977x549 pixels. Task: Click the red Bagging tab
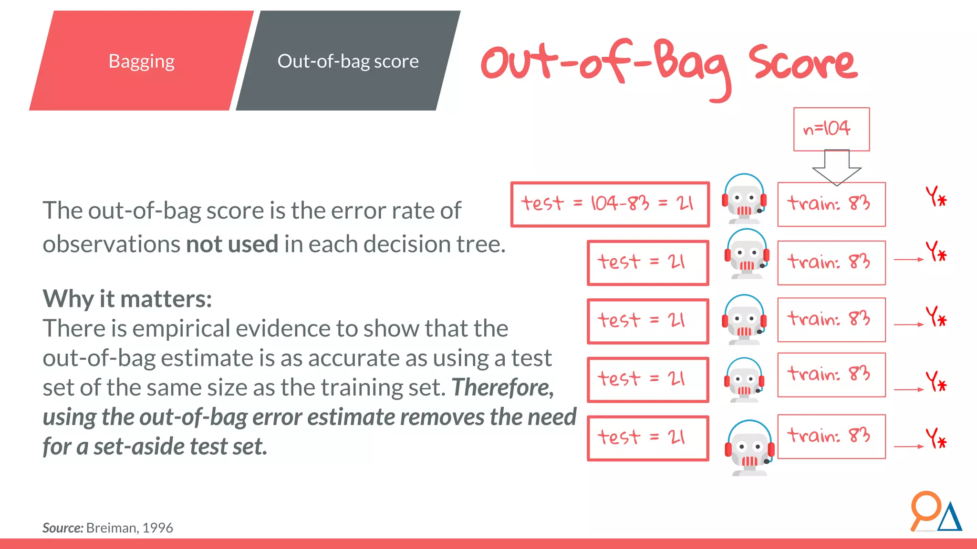141,61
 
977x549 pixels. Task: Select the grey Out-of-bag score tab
348,61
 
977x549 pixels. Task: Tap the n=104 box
831,129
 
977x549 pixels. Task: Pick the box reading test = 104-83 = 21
610,204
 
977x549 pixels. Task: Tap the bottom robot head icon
749,447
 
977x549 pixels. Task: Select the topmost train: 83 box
831,204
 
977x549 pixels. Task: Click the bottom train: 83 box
831,436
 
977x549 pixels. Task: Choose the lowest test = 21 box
647,438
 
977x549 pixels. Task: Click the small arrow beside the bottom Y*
908,447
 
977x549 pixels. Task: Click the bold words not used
232,244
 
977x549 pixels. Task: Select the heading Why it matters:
127,299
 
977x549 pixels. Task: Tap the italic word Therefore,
503,387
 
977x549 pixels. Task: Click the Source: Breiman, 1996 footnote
107,528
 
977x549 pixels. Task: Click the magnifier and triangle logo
935,512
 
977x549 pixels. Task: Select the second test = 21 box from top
647,263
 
